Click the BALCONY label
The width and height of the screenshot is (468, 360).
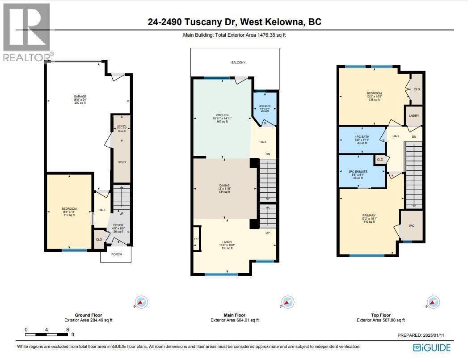click(238, 63)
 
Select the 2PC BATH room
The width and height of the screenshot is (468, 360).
click(265, 108)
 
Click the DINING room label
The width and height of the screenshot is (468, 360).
click(224, 185)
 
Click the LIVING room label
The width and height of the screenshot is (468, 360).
click(227, 242)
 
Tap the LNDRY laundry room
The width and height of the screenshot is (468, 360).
click(413, 115)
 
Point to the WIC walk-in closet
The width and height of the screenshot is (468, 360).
click(412, 225)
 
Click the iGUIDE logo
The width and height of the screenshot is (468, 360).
click(432, 347)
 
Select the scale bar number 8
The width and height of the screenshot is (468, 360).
click(67, 329)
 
